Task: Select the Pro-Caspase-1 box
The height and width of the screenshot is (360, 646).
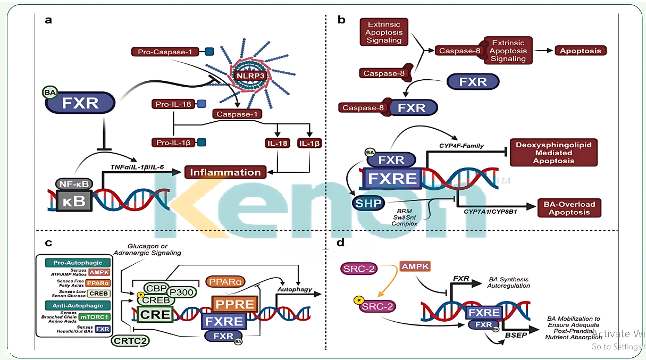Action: [165, 52]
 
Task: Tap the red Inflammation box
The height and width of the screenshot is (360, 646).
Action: [225, 172]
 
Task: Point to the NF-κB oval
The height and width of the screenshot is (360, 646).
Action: [74, 184]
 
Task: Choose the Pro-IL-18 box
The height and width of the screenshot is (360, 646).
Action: [173, 104]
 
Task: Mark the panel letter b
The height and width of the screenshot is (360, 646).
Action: [341, 20]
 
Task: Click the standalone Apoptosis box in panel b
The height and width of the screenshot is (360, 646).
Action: [580, 51]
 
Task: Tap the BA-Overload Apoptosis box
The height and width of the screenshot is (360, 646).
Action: [569, 208]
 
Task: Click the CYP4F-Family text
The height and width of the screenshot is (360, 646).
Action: [461, 145]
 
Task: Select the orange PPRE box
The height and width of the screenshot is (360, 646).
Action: [234, 304]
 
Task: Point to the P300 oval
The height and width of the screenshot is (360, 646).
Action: [181, 292]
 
